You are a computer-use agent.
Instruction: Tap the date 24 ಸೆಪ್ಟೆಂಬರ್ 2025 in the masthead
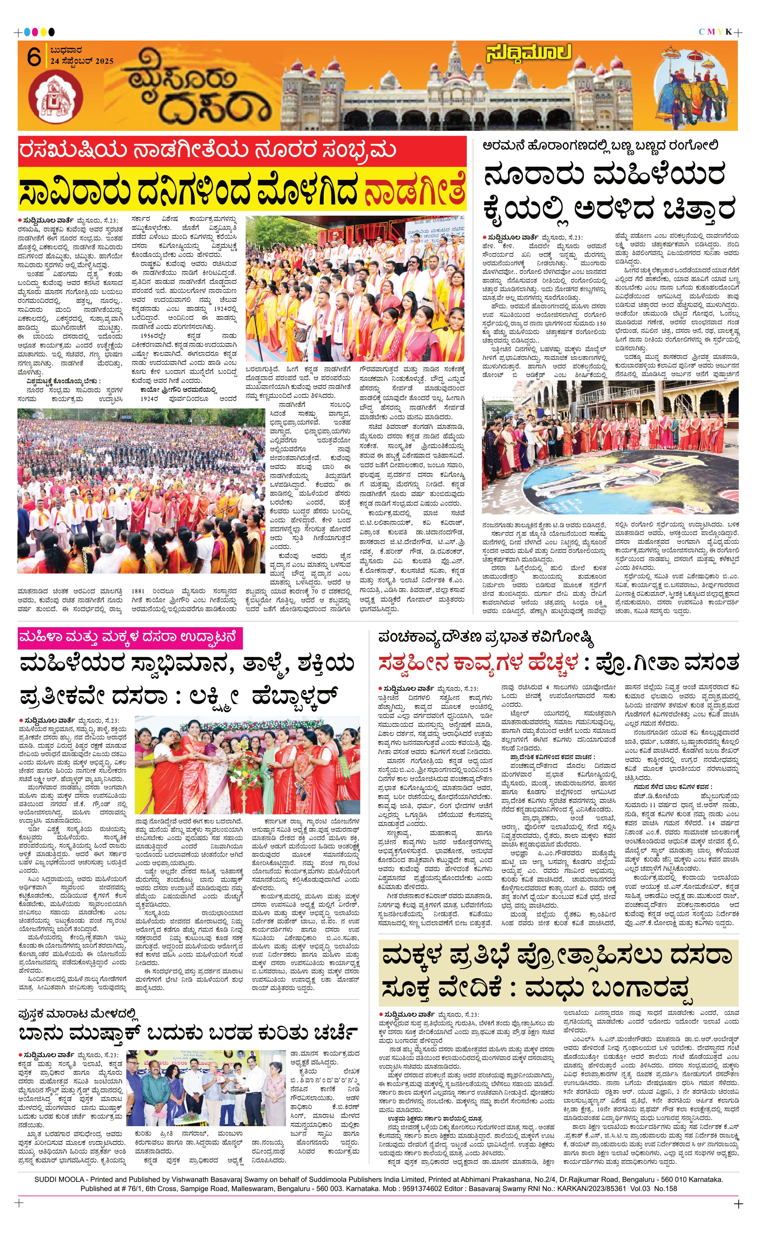click(82, 61)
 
